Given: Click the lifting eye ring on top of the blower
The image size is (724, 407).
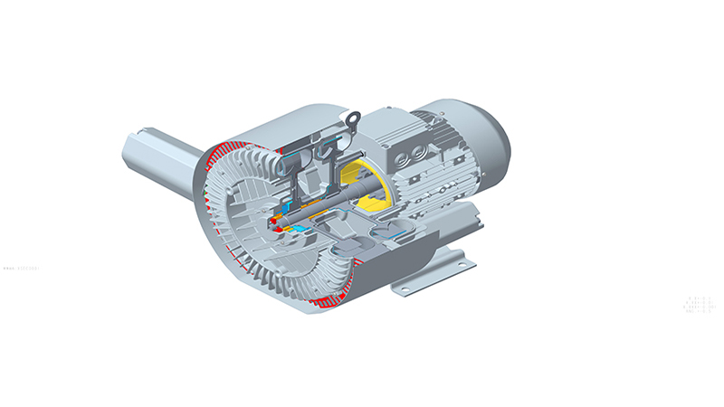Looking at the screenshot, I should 354,116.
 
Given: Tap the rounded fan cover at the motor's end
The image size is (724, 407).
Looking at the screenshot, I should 489,136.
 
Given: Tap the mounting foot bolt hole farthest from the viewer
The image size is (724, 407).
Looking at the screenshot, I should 468,263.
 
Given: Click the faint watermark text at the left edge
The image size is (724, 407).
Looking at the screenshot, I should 28,268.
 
